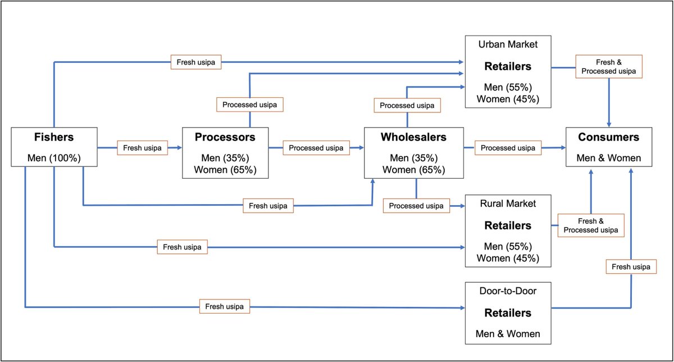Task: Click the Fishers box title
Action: pyautogui.click(x=54, y=137)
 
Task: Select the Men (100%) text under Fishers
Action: pyautogui.click(x=54, y=158)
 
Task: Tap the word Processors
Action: pyautogui.click(x=225, y=137)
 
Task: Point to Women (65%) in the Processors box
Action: pyautogui.click(x=225, y=169)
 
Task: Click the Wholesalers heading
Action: pyautogui.click(x=413, y=137)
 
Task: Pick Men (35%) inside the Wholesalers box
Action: pyautogui.click(x=413, y=158)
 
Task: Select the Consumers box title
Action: pyautogui.click(x=609, y=137)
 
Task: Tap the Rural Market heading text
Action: pyautogui.click(x=508, y=204)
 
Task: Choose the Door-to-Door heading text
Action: pyautogui.click(x=508, y=292)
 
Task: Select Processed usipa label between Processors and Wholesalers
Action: pyautogui.click(x=317, y=148)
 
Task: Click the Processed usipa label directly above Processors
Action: pyautogui.click(x=249, y=105)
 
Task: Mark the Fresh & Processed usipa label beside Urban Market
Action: pyautogui.click(x=609, y=67)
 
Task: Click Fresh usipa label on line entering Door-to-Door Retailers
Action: pyautogui.click(x=225, y=307)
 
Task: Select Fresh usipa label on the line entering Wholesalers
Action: pyautogui.click(x=268, y=206)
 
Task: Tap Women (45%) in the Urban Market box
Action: pyautogui.click(x=508, y=99)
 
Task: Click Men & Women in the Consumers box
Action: pyautogui.click(x=609, y=158)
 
